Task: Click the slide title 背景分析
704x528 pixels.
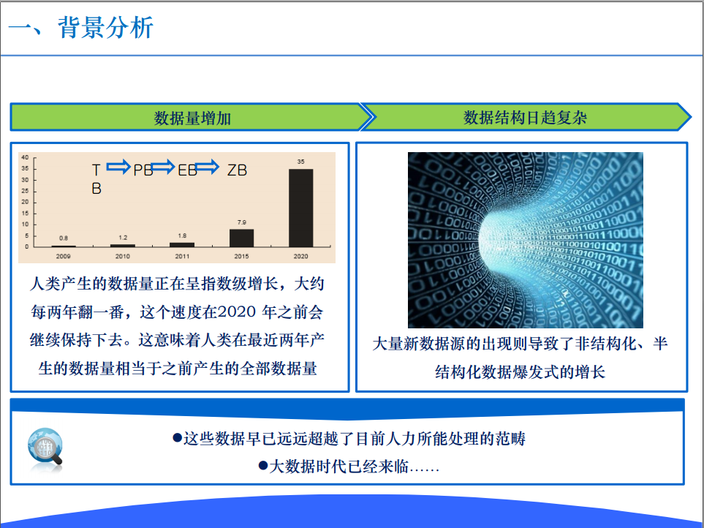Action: tap(106, 27)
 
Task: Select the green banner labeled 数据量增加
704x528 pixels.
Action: tap(191, 118)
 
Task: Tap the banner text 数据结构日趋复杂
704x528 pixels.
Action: tap(526, 118)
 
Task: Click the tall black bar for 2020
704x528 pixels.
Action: tap(300, 208)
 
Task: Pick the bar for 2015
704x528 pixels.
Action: tap(241, 238)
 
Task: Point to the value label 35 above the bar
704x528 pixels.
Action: tap(300, 162)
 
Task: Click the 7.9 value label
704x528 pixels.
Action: tap(241, 222)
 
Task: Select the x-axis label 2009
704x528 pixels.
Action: tap(64, 257)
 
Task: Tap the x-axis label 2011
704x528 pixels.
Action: tap(182, 257)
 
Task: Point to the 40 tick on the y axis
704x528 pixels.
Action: tap(25, 157)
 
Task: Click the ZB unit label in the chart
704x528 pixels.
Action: tap(237, 170)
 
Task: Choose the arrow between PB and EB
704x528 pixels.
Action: tap(163, 167)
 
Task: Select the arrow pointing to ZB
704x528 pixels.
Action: tap(208, 167)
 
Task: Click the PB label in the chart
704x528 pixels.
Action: tap(143, 170)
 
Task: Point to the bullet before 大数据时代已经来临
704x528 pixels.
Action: tap(263, 466)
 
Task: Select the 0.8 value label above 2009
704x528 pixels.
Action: tap(64, 238)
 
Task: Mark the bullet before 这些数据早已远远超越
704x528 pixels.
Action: tap(178, 437)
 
